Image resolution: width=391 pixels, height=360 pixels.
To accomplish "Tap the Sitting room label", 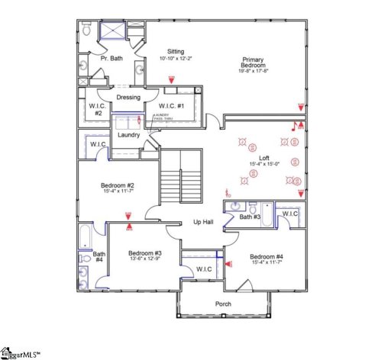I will [176, 52].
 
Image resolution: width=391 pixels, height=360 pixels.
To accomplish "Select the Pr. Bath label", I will [111, 58].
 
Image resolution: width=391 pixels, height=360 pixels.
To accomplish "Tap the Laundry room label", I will [128, 135].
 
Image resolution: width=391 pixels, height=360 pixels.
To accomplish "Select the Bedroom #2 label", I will [118, 185].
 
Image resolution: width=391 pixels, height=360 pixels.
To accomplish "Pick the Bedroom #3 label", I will [144, 253].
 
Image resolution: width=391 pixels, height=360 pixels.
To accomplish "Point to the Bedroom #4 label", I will [267, 256].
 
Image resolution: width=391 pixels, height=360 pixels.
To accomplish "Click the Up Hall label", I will [202, 222].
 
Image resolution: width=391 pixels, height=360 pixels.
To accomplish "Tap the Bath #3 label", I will [250, 217].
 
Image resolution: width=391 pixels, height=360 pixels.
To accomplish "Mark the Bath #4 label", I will [99, 257].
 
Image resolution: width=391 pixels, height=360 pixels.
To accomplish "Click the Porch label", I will [223, 304].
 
